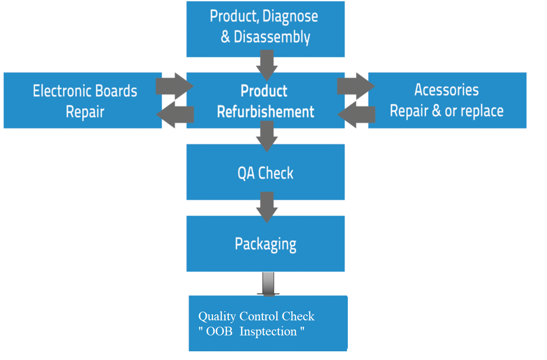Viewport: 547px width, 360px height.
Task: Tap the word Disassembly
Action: click(272, 37)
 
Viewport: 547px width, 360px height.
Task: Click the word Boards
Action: click(116, 91)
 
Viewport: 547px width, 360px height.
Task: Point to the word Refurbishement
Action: click(265, 112)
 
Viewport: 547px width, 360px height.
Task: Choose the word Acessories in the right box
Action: click(446, 90)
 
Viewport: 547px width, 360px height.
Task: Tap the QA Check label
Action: click(265, 173)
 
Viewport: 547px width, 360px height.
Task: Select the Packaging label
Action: click(265, 244)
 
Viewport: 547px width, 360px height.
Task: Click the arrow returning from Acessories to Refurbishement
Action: click(356, 114)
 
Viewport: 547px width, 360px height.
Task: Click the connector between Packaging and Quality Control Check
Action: click(268, 284)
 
